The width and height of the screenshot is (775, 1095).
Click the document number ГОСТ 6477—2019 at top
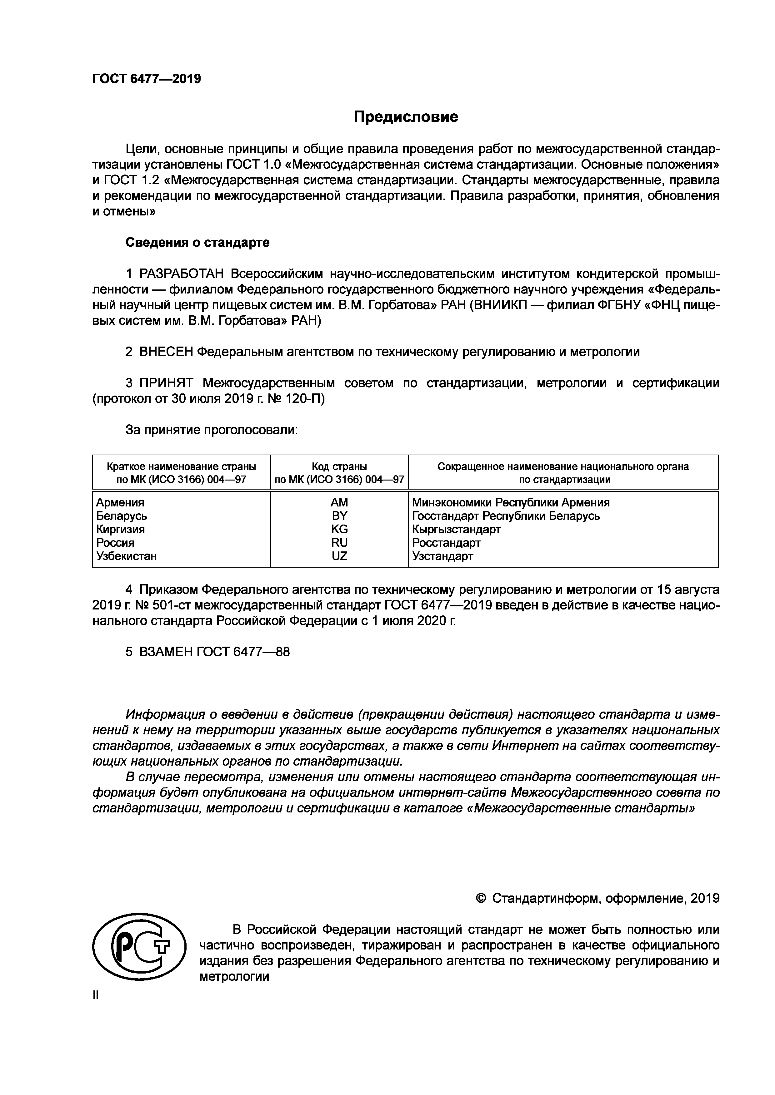(x=147, y=79)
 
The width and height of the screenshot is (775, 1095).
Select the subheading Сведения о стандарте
(x=197, y=242)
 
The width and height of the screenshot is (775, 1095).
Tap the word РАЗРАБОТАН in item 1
(x=181, y=274)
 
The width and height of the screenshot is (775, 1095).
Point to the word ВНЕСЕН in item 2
(x=166, y=352)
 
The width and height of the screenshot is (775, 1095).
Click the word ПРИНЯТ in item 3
(x=166, y=383)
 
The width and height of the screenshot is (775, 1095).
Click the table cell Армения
(x=120, y=502)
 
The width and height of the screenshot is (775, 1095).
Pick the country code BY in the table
(x=339, y=515)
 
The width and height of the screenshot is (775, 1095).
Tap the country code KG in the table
(x=339, y=529)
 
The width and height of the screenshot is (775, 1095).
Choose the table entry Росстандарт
(x=446, y=542)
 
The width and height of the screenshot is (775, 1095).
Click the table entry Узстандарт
(x=442, y=556)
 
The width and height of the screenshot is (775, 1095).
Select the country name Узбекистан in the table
(x=127, y=556)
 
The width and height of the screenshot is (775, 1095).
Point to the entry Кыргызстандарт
(x=456, y=529)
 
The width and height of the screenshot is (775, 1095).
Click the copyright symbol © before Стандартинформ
(x=482, y=899)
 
